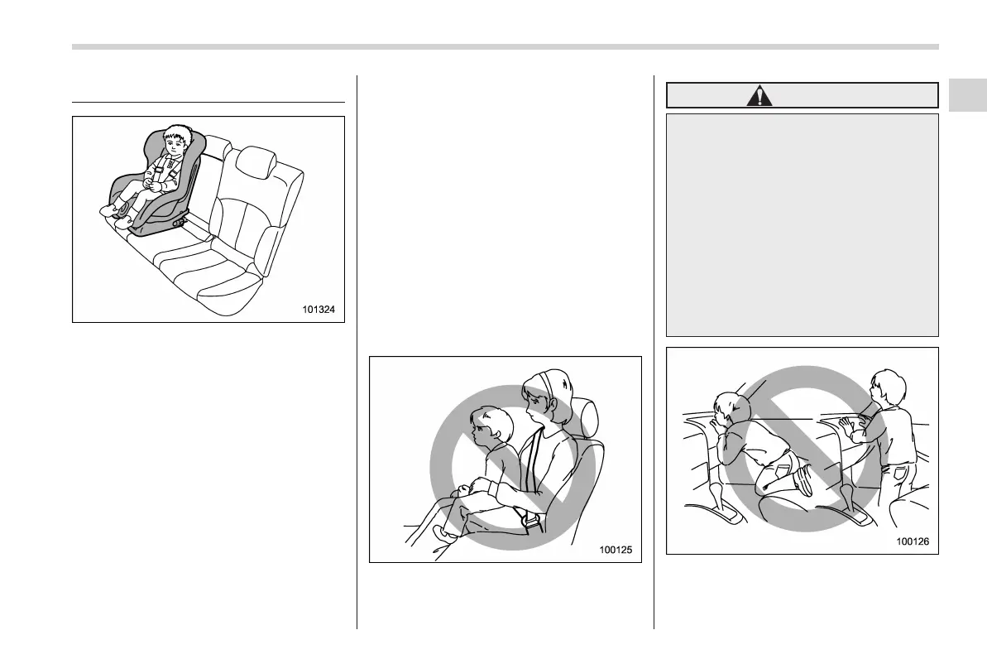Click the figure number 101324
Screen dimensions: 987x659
point(322,310)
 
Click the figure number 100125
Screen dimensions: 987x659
point(619,551)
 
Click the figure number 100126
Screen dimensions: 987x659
point(916,542)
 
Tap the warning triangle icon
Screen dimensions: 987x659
point(758,96)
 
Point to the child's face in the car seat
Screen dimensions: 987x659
point(174,143)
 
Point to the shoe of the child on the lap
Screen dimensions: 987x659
point(446,533)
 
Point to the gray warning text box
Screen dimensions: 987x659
point(802,224)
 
